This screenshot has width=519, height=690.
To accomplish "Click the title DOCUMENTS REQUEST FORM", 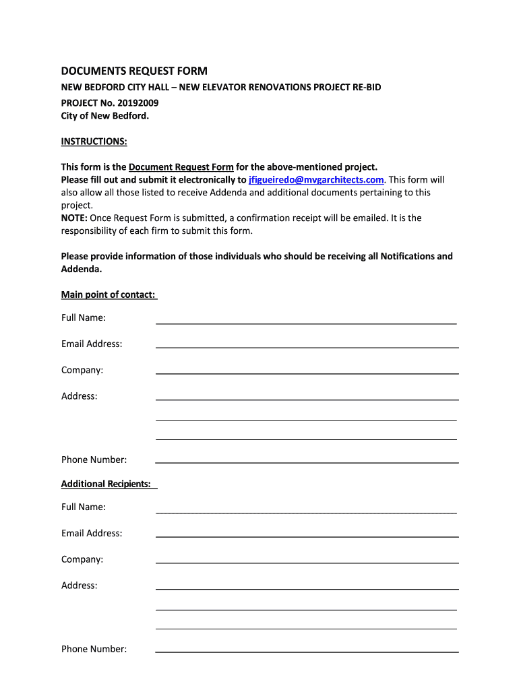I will coord(134,71).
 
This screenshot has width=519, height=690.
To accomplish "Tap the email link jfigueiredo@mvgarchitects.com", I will coord(316,180).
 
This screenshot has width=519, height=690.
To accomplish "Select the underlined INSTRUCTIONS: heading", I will coord(94,141).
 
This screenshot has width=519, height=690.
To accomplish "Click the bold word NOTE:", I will coord(74,218).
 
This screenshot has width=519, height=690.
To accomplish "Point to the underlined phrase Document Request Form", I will coord(181,167).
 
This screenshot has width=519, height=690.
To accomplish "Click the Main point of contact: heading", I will coord(109,294).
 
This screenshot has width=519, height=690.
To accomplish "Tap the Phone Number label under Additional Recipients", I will coord(94,649).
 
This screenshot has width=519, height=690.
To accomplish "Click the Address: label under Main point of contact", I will coord(80,396).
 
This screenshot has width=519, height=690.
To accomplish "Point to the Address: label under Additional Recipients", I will coord(80,586).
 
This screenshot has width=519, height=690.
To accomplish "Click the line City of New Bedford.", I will coord(104,115).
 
